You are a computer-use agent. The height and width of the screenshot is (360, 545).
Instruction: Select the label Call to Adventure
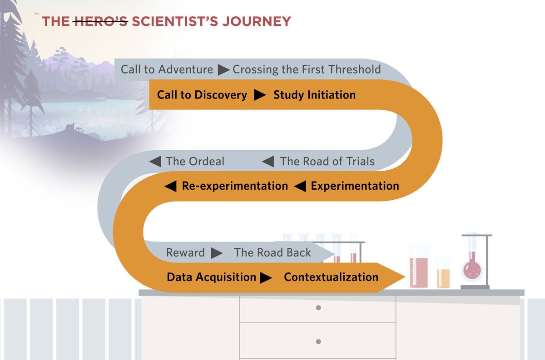pos(167,69)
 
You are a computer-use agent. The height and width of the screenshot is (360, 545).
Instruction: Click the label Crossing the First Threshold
pos(307,69)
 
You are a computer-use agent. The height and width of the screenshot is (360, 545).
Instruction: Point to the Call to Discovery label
pos(202,95)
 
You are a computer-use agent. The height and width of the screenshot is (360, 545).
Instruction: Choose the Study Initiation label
pos(314,95)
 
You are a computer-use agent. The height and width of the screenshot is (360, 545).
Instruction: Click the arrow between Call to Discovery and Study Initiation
pos(260,95)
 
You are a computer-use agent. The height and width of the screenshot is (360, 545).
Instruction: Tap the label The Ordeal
pos(195,161)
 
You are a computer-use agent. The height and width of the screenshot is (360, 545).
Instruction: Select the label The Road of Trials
pos(327,161)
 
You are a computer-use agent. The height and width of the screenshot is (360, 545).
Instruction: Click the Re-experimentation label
pos(235,186)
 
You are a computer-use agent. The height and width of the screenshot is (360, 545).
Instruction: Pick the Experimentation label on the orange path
pos(355,186)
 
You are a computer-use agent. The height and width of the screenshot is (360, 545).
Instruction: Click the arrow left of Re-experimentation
pos(170,186)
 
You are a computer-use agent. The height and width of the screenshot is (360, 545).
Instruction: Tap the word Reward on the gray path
pos(185,253)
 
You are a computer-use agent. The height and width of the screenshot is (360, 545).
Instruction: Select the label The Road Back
pos(272,253)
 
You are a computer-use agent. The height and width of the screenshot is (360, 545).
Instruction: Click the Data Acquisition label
pos(211,277)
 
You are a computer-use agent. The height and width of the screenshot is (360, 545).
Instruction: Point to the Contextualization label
pos(331,277)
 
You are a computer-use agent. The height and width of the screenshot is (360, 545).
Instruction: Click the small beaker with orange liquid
pos(443,275)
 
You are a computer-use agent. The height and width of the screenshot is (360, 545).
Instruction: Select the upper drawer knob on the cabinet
pos(318,308)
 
